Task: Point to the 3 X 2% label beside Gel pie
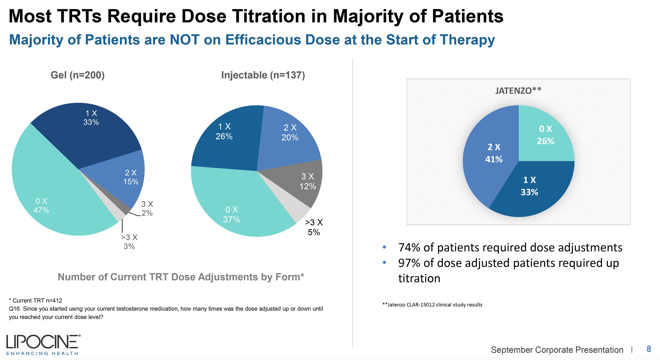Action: [147, 208]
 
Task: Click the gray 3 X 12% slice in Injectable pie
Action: [302, 182]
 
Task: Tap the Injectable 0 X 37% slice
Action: [236, 205]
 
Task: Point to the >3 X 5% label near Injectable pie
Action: [314, 227]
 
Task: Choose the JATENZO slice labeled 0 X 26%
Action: [543, 136]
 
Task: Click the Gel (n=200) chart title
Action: [78, 75]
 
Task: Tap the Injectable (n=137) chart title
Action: [263, 75]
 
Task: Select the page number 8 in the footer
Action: [649, 349]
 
